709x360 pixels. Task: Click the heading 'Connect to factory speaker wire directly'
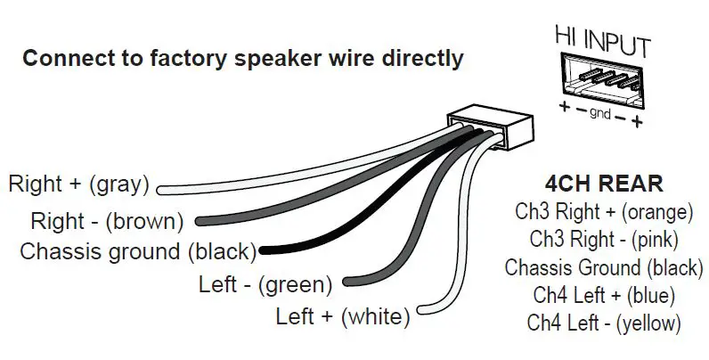242,59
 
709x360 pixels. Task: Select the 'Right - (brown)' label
107,219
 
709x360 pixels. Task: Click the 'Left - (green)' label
265,285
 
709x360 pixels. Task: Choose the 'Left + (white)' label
343,315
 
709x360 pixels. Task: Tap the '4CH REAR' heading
606,184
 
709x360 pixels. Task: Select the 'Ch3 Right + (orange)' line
604,212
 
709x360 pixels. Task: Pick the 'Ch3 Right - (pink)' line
604,239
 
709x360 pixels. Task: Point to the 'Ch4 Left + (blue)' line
604,293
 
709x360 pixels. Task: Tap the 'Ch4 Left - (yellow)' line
604,321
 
